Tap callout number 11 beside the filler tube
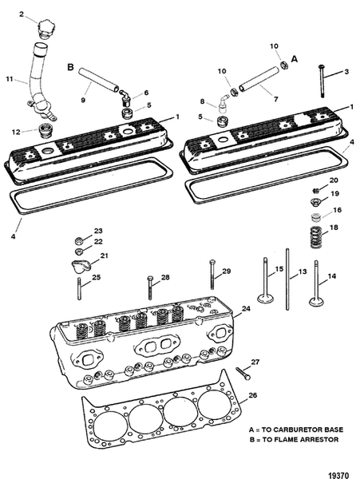(10, 79)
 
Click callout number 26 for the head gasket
(254, 394)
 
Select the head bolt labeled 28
(149, 292)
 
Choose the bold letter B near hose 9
(70, 69)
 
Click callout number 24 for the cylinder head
(247, 307)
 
